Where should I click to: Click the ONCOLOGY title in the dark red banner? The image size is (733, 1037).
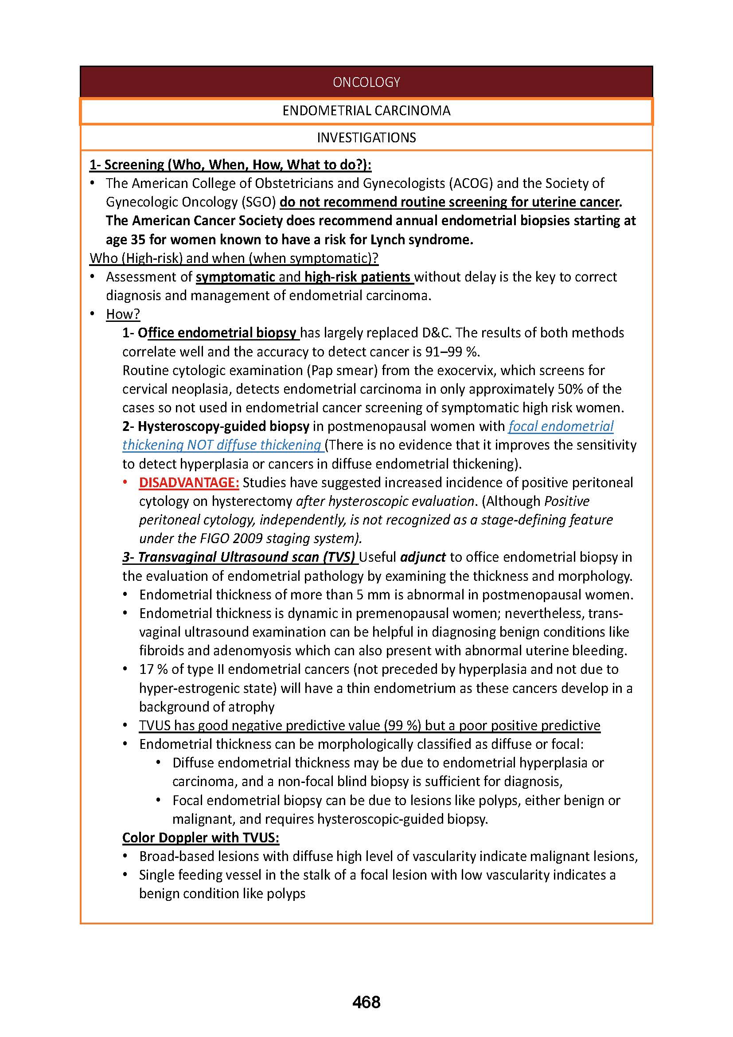click(366, 82)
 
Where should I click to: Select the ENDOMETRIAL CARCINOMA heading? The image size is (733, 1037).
click(366, 111)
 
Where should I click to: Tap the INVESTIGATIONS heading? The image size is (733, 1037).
click(366, 137)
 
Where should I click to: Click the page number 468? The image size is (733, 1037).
click(366, 1002)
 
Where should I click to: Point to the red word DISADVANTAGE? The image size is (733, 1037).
click(189, 482)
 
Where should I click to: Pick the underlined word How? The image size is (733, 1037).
click(123, 314)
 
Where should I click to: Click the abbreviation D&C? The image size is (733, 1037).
click(437, 333)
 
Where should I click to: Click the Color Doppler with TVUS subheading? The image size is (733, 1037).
click(200, 837)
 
